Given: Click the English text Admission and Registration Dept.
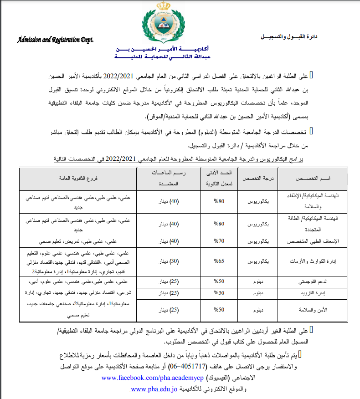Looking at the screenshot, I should (x=55, y=40).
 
